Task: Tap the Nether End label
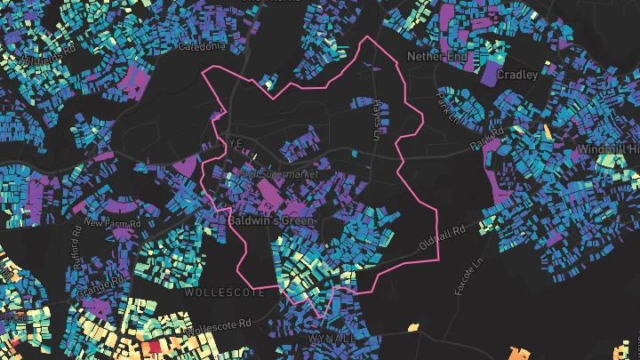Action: click(436, 56)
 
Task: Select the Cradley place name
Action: click(517, 76)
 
